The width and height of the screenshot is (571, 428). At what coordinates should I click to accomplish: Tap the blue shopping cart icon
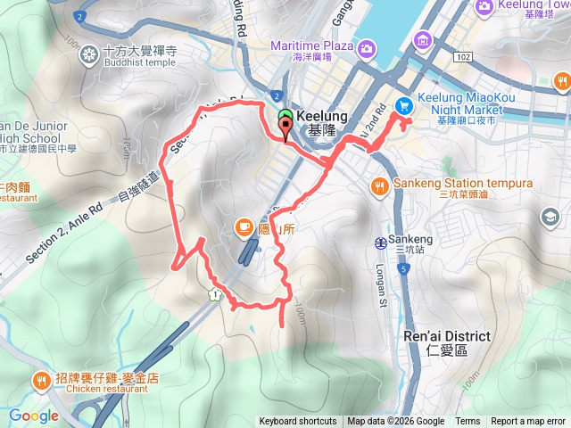(x=403, y=105)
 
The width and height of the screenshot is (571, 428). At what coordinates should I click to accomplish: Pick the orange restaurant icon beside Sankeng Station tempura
(x=380, y=185)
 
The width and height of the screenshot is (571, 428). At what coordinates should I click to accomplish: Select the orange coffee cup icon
(x=244, y=227)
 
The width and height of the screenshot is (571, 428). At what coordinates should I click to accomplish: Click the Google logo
(x=34, y=416)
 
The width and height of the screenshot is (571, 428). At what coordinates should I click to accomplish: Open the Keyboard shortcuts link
(x=298, y=422)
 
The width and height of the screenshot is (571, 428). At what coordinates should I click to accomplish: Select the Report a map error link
(x=528, y=422)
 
